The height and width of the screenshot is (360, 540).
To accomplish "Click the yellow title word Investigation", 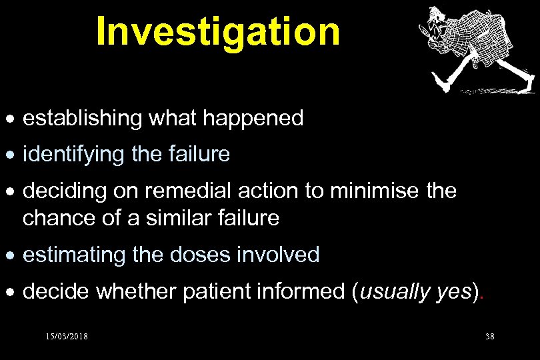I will [217, 31].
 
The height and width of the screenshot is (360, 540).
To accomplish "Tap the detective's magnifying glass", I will [425, 29].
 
